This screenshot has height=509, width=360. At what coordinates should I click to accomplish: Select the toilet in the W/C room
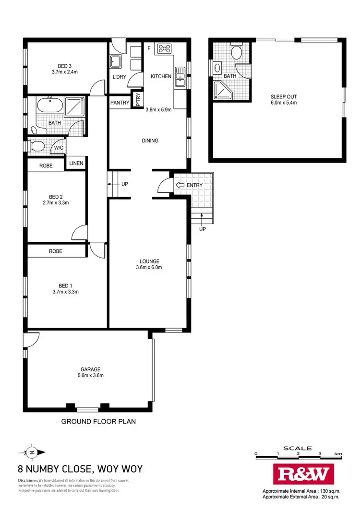[x=37, y=146]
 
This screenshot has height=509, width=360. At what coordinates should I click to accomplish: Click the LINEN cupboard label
[x=76, y=164]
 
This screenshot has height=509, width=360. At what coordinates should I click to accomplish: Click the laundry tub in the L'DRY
[x=116, y=61]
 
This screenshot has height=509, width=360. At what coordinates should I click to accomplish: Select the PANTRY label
[x=120, y=103]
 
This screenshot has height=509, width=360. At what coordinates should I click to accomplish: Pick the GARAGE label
[x=90, y=369]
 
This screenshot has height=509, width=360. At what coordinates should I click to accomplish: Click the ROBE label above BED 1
[x=56, y=251]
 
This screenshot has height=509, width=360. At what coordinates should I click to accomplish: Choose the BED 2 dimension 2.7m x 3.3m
[x=56, y=203]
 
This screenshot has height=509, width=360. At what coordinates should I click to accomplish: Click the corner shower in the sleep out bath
[x=221, y=90]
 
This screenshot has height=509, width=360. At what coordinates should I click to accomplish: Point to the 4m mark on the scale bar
[x=338, y=453]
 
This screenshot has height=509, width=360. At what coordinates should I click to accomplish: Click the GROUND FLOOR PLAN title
[x=98, y=422]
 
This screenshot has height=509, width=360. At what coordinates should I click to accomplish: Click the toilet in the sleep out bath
[x=237, y=51]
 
